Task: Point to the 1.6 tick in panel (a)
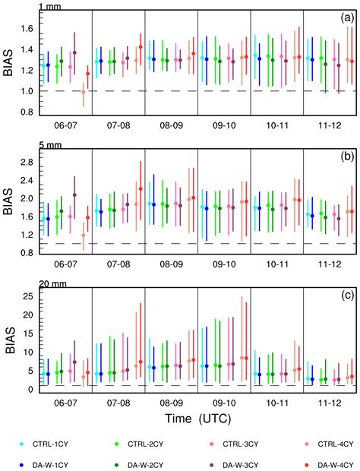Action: coord(26,29)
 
